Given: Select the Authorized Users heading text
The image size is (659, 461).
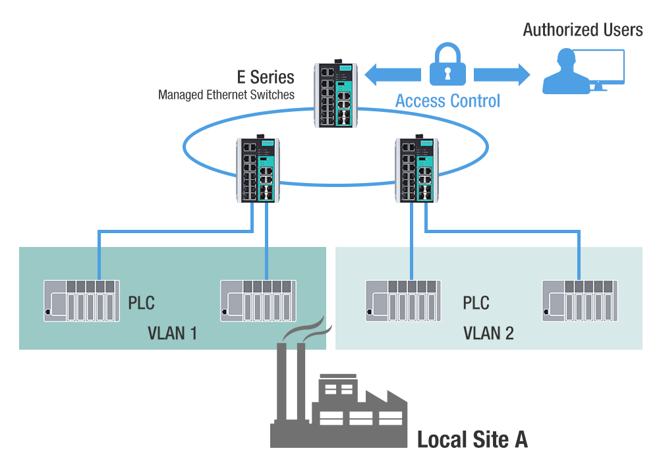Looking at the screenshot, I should click(583, 30).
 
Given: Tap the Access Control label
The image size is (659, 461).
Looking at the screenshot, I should click(447, 101).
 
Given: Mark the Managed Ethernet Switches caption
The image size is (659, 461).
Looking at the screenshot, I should click(226, 95).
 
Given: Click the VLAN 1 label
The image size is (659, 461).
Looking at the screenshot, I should click(172, 333).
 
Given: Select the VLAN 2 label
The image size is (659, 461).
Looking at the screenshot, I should click(488, 333).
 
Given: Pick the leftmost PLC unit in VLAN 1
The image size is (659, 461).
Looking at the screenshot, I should click(81, 301).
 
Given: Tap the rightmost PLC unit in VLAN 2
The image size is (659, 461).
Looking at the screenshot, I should click(579, 301).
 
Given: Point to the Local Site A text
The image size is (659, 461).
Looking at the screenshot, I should click(472, 439).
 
